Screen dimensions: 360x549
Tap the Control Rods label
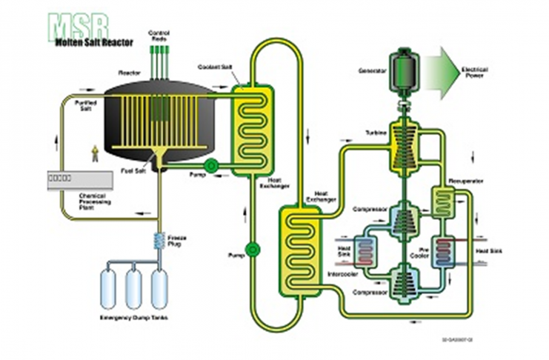[159, 35]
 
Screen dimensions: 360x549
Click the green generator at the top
[405, 70]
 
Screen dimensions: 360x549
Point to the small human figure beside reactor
[94, 153]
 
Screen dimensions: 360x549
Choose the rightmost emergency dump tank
[159, 288]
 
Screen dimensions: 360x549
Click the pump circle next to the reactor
[210, 166]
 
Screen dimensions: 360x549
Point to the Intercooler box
[364, 250]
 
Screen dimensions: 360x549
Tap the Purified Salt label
[88, 106]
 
